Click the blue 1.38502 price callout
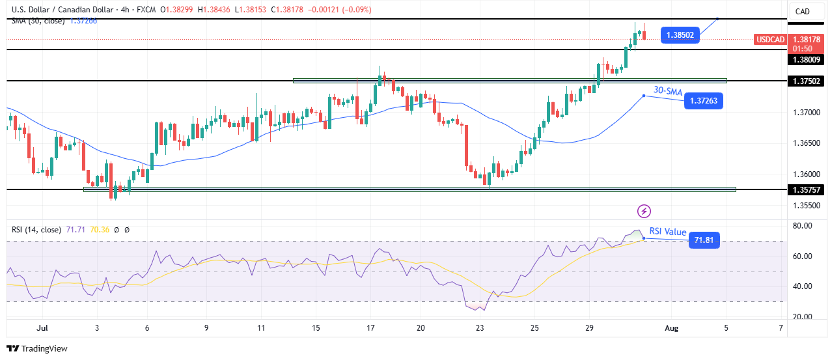pyautogui.click(x=680, y=35)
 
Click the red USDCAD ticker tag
pyautogui.click(x=769, y=40)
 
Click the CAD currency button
pyautogui.click(x=802, y=11)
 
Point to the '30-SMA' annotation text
pyautogui.click(x=668, y=92)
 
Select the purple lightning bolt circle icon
pyautogui.click(x=644, y=211)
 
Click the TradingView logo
pyautogui.click(x=38, y=348)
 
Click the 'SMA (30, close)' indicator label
pyautogui.click(x=38, y=21)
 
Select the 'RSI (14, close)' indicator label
pyautogui.click(x=36, y=230)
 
